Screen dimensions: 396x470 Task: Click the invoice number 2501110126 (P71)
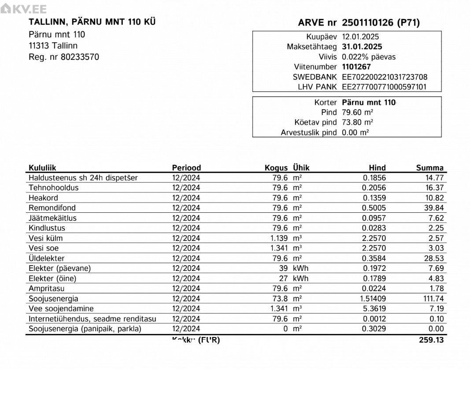381,23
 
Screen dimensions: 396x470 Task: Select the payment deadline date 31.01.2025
362,47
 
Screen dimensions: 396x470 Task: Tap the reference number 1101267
356,67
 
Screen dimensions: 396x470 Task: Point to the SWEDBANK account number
384,77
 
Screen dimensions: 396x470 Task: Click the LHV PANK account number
384,87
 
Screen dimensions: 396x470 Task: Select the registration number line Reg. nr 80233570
64,57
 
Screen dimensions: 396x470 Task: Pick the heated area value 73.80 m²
357,122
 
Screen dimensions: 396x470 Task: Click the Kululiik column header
42,168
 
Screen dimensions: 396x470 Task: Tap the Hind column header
377,168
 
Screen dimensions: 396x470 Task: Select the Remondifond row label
52,208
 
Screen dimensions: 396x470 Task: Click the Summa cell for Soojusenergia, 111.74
433,299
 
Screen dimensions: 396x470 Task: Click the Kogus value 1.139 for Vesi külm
279,238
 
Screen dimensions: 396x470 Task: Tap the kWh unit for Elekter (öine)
300,278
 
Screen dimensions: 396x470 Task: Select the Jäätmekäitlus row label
52,218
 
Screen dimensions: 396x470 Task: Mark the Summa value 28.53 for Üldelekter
433,258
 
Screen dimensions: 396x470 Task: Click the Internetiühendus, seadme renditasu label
92,319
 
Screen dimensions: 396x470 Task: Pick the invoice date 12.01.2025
360,37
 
